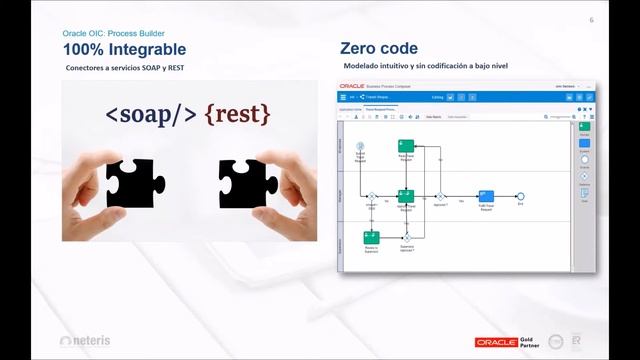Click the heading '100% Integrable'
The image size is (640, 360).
tap(124, 48)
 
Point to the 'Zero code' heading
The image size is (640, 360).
tap(379, 48)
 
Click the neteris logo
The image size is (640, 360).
tap(86, 341)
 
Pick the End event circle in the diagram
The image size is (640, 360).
tap(520, 196)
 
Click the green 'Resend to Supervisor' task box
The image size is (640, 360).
tap(371, 237)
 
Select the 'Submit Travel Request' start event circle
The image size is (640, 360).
tap(360, 147)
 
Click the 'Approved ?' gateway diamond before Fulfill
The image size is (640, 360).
tap(440, 196)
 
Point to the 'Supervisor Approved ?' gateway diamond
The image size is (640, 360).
tap(406, 237)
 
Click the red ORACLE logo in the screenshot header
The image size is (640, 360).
tap(352, 86)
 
